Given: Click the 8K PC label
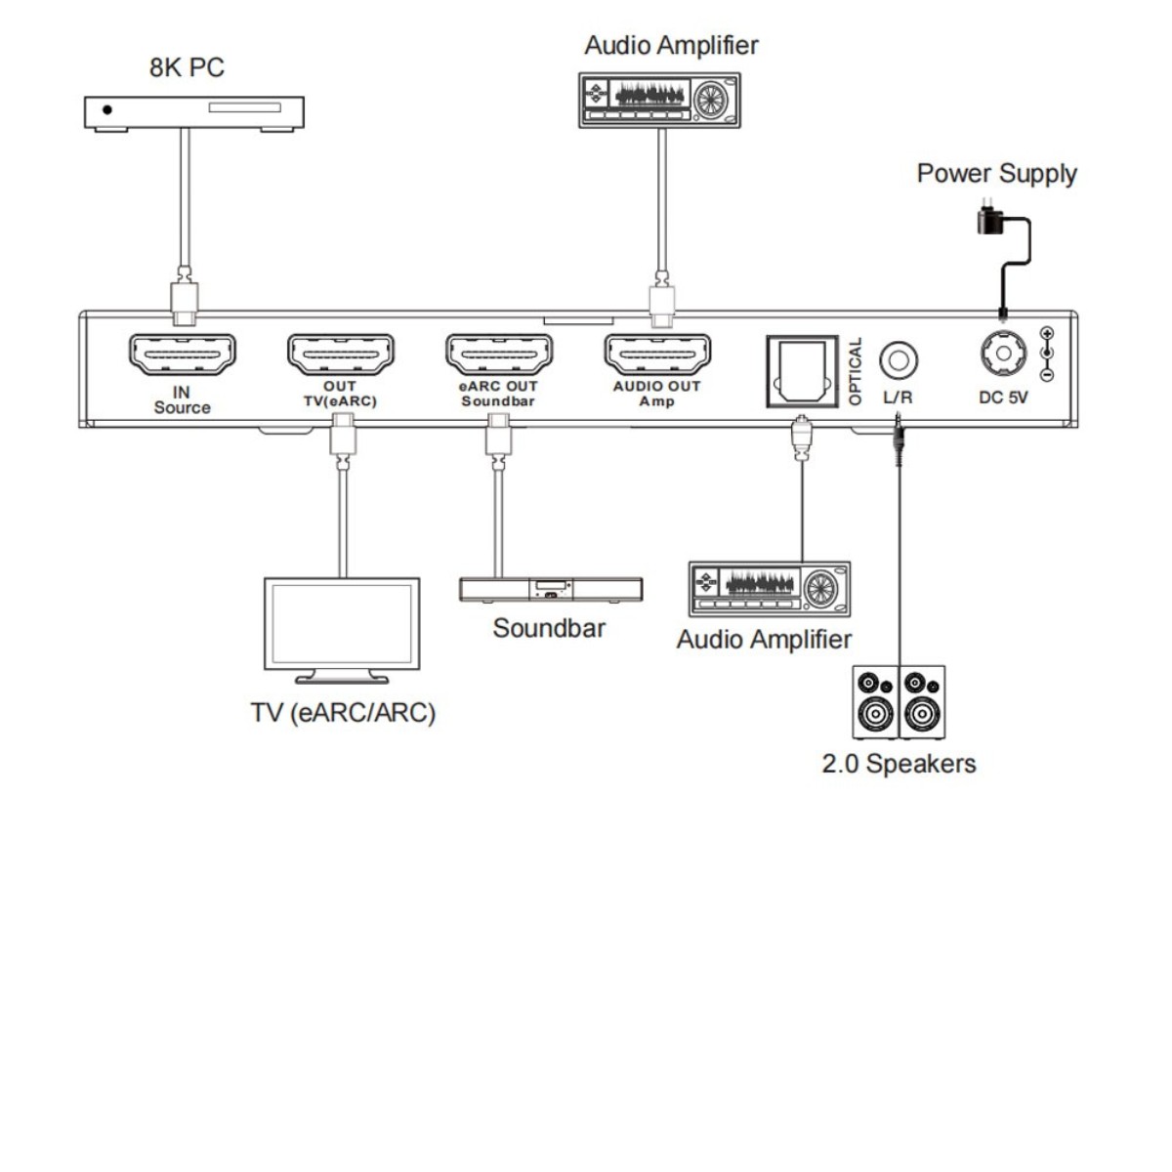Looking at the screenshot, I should tap(186, 67).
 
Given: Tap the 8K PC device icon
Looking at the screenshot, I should tap(192, 111).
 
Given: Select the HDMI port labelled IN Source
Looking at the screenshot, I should tap(182, 355).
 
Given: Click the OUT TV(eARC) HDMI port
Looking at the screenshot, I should tap(340, 355).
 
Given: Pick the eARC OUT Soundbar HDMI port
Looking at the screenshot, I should tap(498, 355).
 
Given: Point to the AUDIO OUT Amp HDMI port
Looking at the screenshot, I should tap(657, 355).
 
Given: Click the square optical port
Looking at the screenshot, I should tap(801, 370).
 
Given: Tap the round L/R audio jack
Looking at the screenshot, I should tap(898, 360).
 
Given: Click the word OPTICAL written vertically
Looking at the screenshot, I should tap(857, 371).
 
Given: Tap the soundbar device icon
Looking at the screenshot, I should tap(551, 589).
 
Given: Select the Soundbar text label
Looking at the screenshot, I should tap(549, 628).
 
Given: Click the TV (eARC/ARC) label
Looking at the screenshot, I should tap(343, 712).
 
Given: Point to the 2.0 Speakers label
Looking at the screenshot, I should tap(899, 764).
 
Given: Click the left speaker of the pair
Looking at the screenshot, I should tap(875, 702).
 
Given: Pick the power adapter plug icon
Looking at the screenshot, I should tap(989, 220).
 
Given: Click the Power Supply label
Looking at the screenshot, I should tap(996, 174).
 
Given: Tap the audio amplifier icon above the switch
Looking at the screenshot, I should tap(660, 100).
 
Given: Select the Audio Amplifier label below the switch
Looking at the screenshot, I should tap(764, 640).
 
